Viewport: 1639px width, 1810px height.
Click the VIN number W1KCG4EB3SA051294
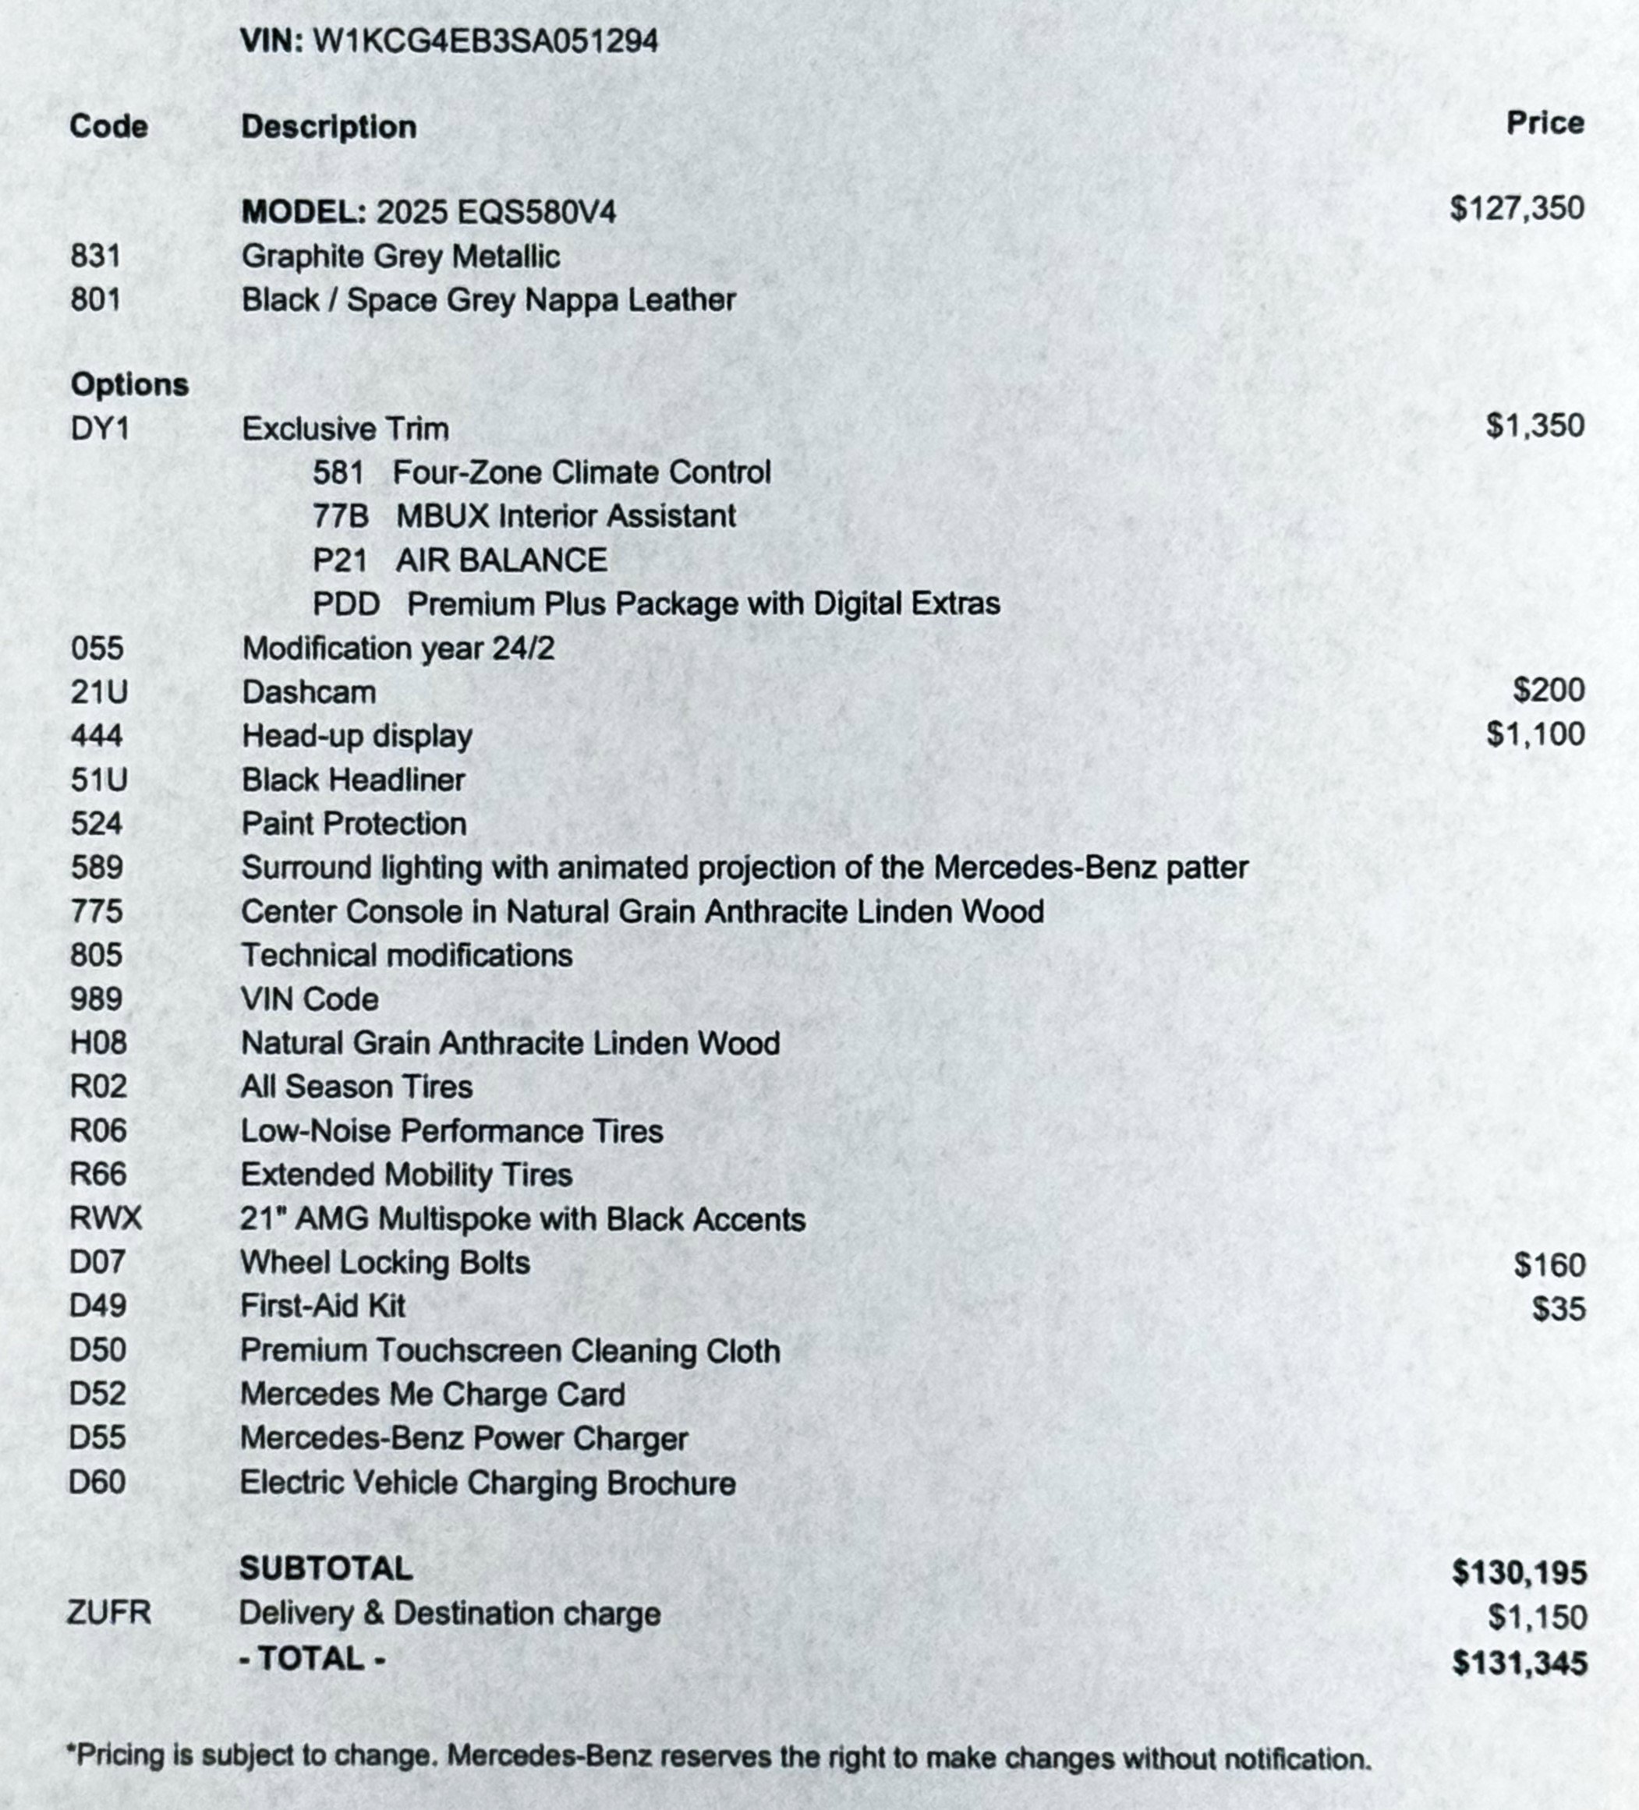[x=485, y=41]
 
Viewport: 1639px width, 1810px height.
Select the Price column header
[x=1545, y=123]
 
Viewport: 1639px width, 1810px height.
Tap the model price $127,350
[x=1516, y=208]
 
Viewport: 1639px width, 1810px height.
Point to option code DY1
[x=100, y=428]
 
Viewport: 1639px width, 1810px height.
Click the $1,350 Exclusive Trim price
[x=1534, y=426]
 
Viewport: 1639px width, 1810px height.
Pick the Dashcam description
[x=309, y=692]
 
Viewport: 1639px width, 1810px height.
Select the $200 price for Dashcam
[x=1549, y=691]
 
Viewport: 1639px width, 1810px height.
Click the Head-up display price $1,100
[x=1534, y=734]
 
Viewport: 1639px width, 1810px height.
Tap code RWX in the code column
[x=106, y=1218]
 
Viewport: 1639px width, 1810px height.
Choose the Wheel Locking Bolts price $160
[x=1549, y=1265]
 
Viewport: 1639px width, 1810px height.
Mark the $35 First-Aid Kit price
[x=1558, y=1309]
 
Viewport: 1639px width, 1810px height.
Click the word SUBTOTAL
[x=326, y=1568]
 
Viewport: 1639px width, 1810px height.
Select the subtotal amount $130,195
[x=1519, y=1573]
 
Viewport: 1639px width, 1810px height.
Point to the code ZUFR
[x=108, y=1613]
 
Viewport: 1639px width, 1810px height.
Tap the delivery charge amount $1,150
[x=1537, y=1617]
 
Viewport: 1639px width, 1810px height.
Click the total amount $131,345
[x=1519, y=1663]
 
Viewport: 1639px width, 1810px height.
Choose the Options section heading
[x=129, y=384]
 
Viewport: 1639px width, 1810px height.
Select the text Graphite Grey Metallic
[x=401, y=256]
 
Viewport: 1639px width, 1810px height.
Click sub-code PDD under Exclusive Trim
[x=345, y=604]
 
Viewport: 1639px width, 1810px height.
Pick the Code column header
[x=108, y=125]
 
